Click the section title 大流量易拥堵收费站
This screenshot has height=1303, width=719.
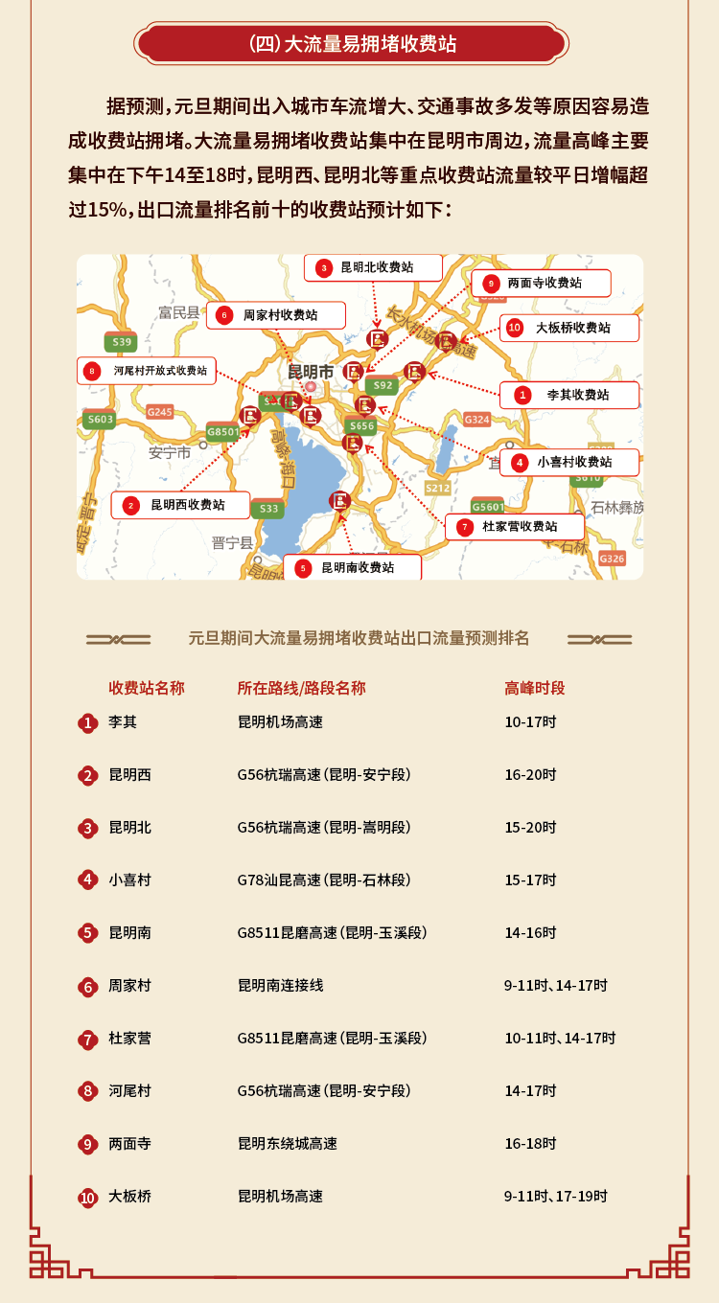[352, 44]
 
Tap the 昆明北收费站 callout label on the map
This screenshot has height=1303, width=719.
[374, 267]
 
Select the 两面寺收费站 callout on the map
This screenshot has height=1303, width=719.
[542, 283]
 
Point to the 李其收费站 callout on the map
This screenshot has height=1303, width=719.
[569, 394]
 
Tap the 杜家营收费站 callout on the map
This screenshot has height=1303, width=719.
[515, 526]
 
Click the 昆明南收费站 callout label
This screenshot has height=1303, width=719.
[352, 567]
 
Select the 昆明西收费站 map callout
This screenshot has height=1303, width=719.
[180, 505]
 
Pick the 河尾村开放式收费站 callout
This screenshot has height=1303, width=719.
[147, 371]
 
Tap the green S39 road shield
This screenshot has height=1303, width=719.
[122, 342]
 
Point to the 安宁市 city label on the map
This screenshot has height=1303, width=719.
[170, 452]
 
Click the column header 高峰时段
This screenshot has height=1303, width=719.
[535, 688]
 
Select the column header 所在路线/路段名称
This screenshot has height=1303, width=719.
[301, 688]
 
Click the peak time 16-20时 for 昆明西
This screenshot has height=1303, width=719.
[530, 774]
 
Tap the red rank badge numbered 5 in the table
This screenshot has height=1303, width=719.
[88, 933]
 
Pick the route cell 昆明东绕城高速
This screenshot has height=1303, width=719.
[288, 1143]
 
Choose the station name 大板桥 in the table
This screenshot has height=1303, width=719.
[129, 1196]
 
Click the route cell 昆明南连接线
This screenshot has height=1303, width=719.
[281, 985]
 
